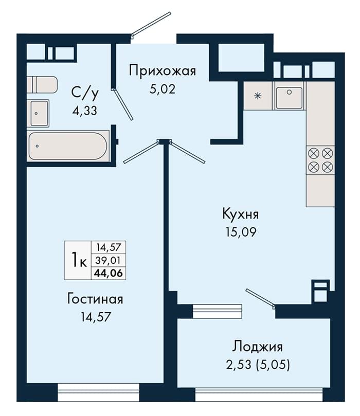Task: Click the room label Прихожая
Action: [163, 71]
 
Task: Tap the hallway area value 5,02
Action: [163, 89]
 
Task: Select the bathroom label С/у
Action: [85, 94]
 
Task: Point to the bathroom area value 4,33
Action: [85, 111]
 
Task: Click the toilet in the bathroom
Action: [42, 85]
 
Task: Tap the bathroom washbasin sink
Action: [38, 113]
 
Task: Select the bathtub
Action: [68, 146]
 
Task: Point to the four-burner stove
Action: [320, 160]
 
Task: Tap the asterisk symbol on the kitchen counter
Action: [257, 96]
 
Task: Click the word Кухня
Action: [240, 214]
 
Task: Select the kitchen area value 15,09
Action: [241, 232]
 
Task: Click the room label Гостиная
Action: [95, 299]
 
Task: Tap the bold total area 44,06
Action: [108, 273]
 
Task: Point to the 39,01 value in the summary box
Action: [108, 261]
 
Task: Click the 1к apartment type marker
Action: [79, 260]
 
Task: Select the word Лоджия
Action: [257, 347]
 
